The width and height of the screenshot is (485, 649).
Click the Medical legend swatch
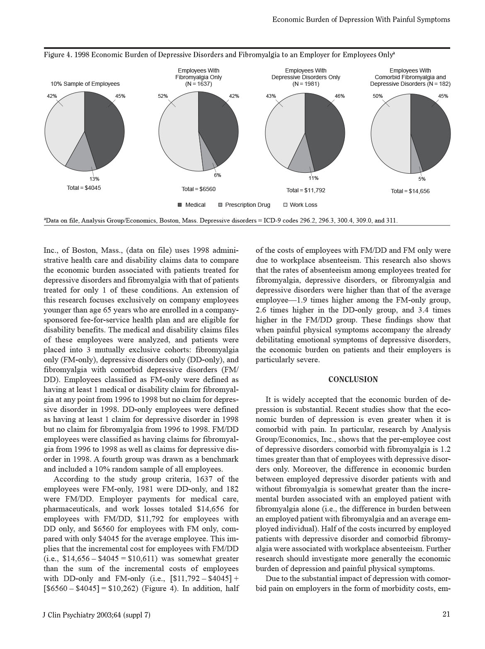[x=180, y=205]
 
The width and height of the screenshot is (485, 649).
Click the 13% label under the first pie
[x=95, y=179]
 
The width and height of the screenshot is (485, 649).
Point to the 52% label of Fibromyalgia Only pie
[x=163, y=96]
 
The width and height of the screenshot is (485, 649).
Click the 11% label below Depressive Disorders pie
[x=313, y=178]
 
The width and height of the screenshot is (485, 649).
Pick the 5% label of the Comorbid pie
[x=422, y=179]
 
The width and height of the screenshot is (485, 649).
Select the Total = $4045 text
[x=84, y=188]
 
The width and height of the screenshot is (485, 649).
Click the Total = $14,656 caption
[x=410, y=191]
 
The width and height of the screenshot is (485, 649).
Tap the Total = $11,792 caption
[x=306, y=190]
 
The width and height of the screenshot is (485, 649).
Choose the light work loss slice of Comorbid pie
[x=390, y=133]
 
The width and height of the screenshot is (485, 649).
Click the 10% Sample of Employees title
[x=85, y=84]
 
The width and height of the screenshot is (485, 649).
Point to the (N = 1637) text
[x=199, y=84]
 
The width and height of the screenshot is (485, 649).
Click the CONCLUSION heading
[x=353, y=380]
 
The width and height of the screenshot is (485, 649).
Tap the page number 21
[x=446, y=615]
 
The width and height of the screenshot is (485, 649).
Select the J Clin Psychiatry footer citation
[x=97, y=615]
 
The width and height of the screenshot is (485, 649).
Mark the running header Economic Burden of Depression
[x=361, y=19]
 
